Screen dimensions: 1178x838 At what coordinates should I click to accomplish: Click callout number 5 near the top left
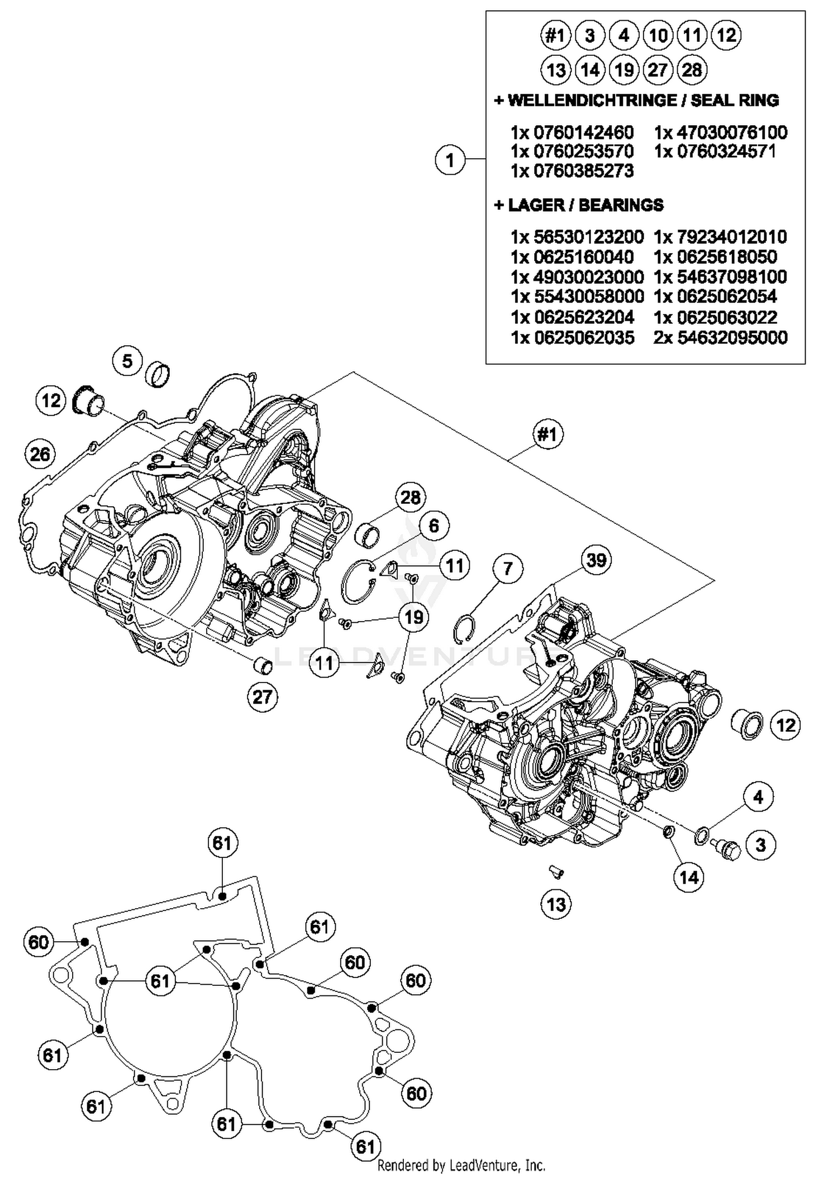127,361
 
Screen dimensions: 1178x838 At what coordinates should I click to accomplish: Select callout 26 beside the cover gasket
40,454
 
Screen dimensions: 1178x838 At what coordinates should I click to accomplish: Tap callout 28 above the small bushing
411,497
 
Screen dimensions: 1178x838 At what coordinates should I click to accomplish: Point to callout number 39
596,560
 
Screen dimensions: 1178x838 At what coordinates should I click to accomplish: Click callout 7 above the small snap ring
507,569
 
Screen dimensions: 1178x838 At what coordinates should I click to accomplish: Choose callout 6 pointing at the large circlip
434,526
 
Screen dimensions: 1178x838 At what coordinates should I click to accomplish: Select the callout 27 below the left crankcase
263,697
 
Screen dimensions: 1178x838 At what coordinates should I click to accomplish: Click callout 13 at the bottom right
556,904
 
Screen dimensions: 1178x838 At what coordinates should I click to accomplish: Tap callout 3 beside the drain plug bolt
760,845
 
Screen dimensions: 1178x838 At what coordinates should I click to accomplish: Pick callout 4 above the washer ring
758,797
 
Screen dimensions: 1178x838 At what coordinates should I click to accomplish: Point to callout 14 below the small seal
689,877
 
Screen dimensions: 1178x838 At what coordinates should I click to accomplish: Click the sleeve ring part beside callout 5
158,375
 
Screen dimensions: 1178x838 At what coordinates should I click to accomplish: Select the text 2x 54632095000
720,337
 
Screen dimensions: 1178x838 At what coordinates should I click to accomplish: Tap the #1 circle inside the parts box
555,36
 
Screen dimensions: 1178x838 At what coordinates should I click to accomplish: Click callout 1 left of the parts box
450,160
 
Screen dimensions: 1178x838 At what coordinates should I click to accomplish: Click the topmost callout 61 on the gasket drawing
222,842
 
